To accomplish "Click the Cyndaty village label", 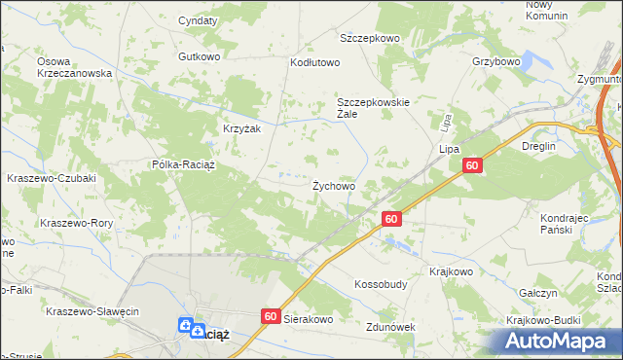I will point(197,19).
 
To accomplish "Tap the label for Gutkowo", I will point(199,56).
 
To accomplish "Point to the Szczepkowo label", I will point(370,38).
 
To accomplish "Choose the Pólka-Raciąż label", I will point(183,164).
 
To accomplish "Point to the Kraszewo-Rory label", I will point(77,223).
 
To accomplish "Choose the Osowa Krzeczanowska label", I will point(75,67).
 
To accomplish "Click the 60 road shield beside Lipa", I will point(471,167).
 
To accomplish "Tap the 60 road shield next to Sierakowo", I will point(271,316).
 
